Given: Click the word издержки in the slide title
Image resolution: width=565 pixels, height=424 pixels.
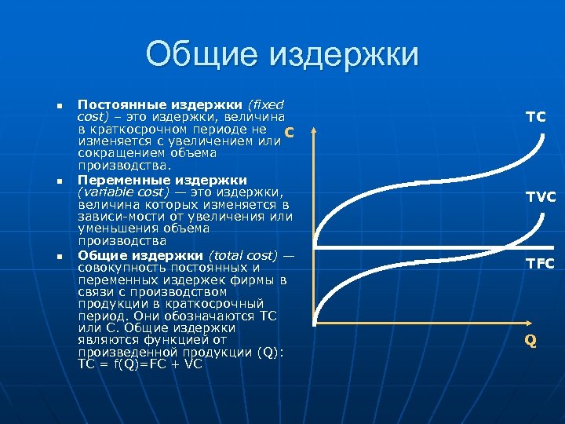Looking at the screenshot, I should (344, 56).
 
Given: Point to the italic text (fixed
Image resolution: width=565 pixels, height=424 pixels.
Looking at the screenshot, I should (267, 104).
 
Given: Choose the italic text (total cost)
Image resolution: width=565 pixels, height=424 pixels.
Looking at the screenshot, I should (243, 255).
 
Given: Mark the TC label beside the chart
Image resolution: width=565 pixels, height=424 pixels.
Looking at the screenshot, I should (536, 117).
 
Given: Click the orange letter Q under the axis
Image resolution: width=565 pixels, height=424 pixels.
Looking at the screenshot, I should (531, 340).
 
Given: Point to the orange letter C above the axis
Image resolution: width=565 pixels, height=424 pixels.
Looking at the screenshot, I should (290, 131).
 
